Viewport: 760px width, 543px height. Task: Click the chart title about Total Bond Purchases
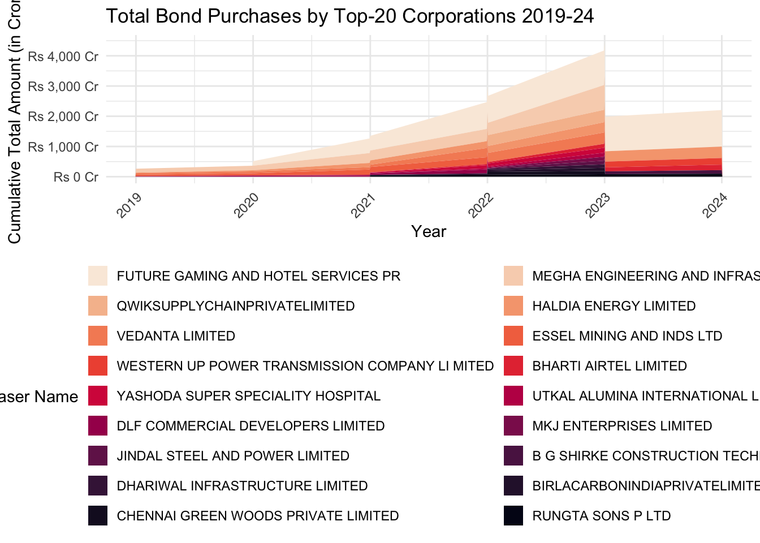[x=349, y=16]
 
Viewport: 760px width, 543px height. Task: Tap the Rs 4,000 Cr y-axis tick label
[x=63, y=57]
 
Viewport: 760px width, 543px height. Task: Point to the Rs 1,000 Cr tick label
[x=63, y=147]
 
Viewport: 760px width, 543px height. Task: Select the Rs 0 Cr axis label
[x=76, y=177]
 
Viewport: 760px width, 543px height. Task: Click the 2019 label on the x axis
[x=129, y=205]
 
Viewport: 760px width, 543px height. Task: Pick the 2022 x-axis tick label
[x=481, y=205]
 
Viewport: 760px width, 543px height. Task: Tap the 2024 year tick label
[x=715, y=205]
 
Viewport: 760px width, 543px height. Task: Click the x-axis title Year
[x=429, y=231]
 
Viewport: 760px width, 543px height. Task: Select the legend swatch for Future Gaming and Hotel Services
[x=98, y=276]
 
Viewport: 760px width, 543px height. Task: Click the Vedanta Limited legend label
[x=176, y=336]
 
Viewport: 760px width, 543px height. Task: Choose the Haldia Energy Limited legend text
[x=614, y=306]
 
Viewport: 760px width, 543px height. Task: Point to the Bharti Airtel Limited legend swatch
[x=513, y=366]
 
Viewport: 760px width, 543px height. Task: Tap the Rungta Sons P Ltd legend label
[x=602, y=516]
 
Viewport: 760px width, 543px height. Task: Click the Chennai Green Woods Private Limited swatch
[x=98, y=516]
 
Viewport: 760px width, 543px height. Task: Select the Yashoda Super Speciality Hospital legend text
[x=249, y=396]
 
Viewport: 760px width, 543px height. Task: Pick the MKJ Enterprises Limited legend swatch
[x=513, y=426]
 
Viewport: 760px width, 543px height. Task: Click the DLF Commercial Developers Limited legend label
[x=251, y=426]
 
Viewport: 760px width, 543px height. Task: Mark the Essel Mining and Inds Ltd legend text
[x=627, y=336]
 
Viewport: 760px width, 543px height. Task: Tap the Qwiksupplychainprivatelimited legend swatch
[x=98, y=306]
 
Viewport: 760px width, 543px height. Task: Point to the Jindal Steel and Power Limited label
[x=233, y=456]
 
